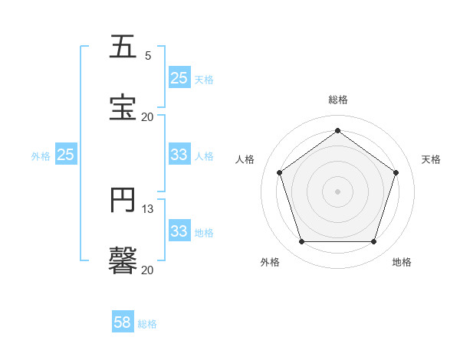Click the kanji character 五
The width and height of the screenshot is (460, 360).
point(123,47)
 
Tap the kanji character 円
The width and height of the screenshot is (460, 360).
point(123,200)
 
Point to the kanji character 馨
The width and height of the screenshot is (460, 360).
point(123,259)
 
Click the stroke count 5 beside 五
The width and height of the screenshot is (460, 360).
point(148,56)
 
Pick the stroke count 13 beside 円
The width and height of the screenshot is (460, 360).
point(148,209)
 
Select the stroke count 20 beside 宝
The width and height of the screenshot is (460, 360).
point(147,116)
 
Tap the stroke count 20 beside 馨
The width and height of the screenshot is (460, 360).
point(147,270)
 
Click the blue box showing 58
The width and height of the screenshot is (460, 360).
point(123,322)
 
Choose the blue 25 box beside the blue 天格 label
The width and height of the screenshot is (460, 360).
point(179,78)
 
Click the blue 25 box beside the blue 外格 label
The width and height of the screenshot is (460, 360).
point(66,155)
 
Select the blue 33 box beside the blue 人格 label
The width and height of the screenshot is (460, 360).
point(179,155)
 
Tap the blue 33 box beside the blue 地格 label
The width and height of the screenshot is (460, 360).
point(179,231)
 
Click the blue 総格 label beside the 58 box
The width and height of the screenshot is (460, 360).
point(147,324)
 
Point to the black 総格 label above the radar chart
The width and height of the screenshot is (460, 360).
point(338,100)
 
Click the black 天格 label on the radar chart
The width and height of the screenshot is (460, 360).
point(431,159)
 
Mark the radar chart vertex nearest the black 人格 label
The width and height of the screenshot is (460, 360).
point(279,172)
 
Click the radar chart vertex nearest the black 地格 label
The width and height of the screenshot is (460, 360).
point(373,242)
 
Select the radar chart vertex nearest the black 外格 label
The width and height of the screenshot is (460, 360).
point(301,242)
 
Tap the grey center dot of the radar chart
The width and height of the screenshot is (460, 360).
point(337,191)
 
